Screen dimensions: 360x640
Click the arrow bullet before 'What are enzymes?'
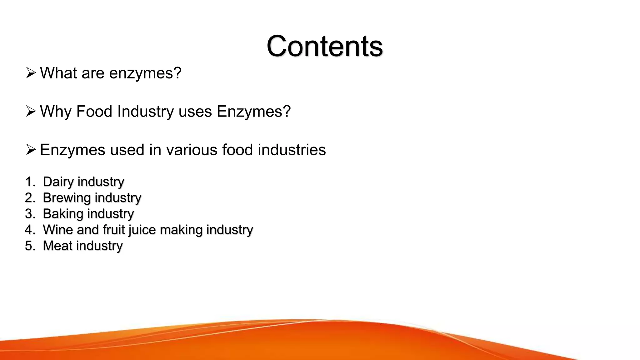[31, 73]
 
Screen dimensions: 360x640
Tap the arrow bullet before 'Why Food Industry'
[31, 111]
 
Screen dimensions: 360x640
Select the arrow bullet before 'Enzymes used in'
[31, 150]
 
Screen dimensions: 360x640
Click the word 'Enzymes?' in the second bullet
[254, 112]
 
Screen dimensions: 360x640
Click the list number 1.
[30, 182]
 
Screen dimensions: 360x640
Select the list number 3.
[30, 214]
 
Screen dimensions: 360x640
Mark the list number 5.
[30, 246]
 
